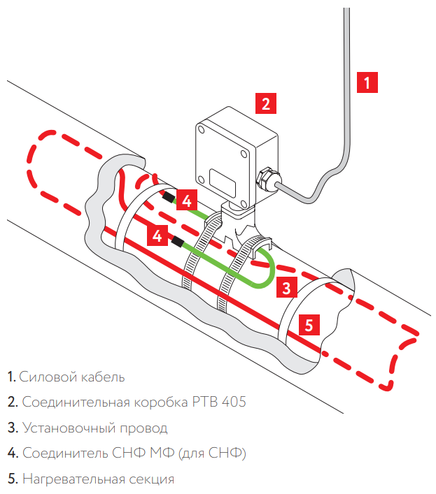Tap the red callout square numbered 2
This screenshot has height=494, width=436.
click(x=265, y=103)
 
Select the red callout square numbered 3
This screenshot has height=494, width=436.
click(x=286, y=286)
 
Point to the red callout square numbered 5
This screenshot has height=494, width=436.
click(x=309, y=324)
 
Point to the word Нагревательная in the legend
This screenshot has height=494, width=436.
click(x=69, y=479)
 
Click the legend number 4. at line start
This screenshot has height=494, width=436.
click(x=13, y=453)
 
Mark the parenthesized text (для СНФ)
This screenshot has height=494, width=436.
click(x=212, y=453)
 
